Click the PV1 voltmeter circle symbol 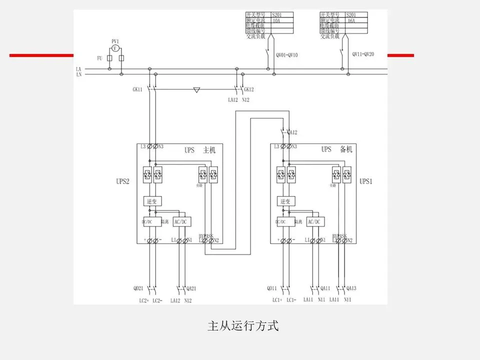coord(115,48)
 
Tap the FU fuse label coord(99,58)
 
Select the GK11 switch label coord(137,89)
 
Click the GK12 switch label coord(249,89)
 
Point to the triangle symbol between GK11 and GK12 coord(197,90)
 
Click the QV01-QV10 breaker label coord(286,55)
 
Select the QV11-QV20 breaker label coord(363,54)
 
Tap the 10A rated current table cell coord(281,21)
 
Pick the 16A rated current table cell coord(356,21)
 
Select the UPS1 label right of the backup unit coord(366,181)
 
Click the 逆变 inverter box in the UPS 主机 coord(152,201)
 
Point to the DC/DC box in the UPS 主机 coord(151,221)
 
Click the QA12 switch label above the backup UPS coord(291,132)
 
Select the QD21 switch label coord(138,288)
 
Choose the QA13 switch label coord(351,288)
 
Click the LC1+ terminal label coord(277,300)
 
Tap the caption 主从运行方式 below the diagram coord(242,326)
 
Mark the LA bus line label coord(78,69)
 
